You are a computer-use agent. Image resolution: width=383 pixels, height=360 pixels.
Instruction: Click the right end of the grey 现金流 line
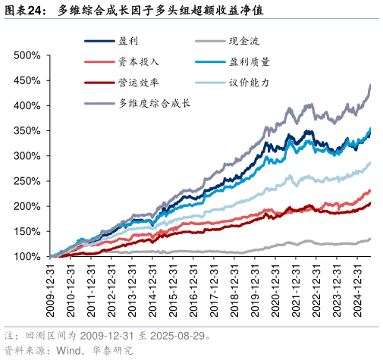pos(370,239)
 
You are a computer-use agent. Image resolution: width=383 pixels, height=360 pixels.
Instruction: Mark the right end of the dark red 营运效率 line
pos(370,202)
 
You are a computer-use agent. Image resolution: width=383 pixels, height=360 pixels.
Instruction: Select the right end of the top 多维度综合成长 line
pos(370,85)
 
